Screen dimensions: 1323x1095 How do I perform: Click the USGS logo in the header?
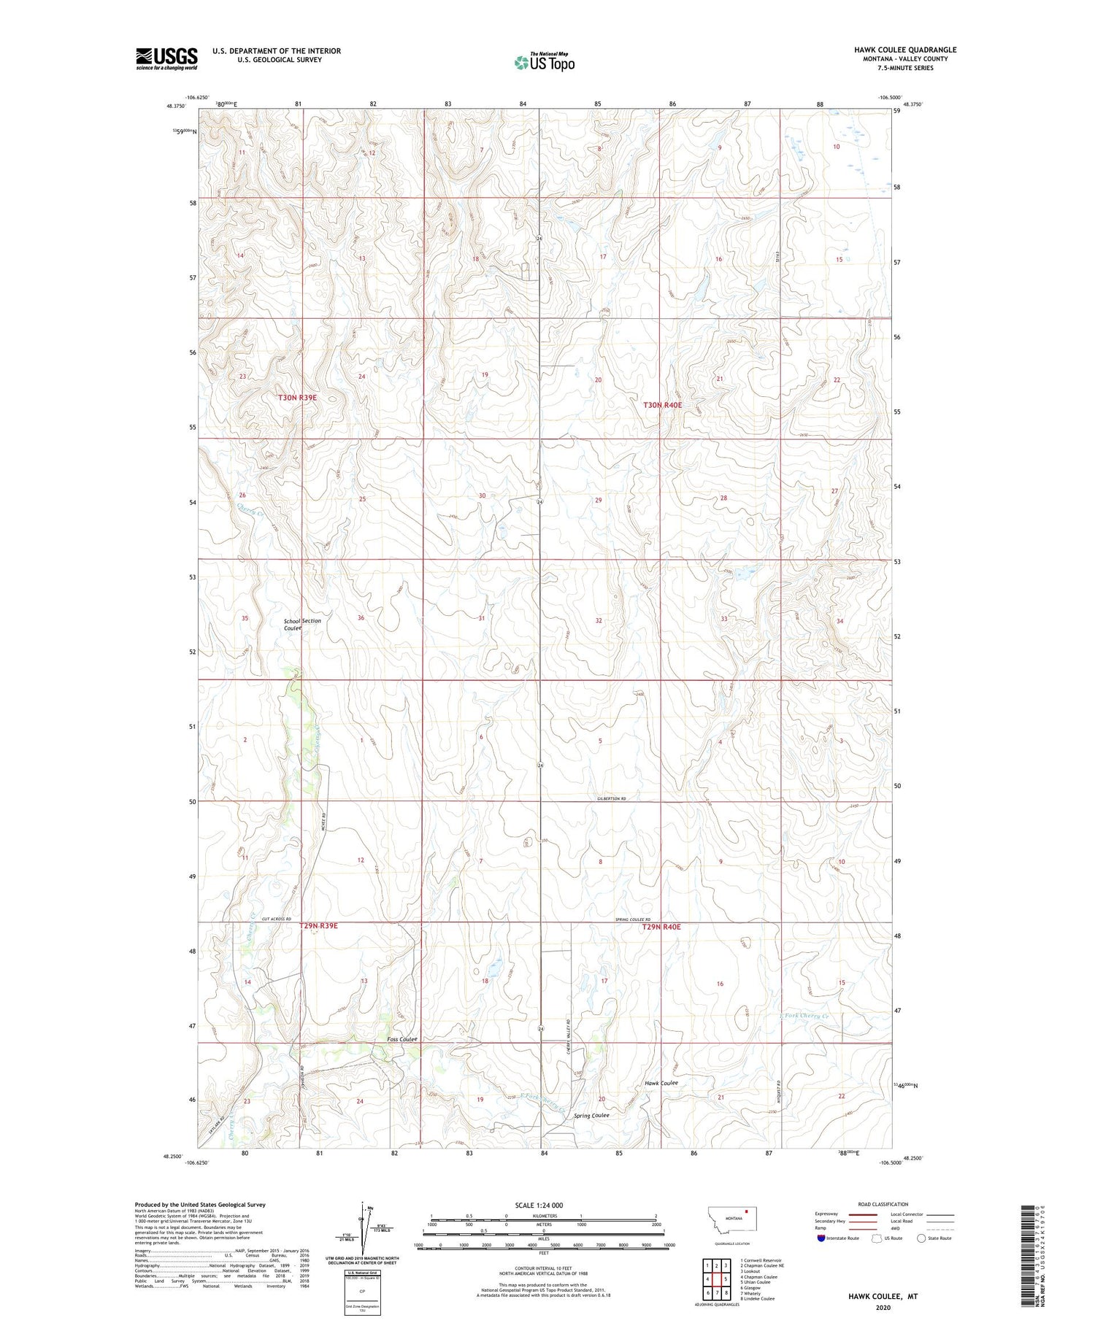[166, 58]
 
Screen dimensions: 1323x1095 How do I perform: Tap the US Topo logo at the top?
[545, 62]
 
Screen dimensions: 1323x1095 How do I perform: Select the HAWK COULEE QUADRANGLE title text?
[905, 50]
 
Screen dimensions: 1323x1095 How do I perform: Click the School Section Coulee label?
[301, 624]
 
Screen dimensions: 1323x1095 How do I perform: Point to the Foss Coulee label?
[402, 1039]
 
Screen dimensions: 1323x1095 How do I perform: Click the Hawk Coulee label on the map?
[661, 1083]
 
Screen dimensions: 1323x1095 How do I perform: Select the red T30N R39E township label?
[297, 398]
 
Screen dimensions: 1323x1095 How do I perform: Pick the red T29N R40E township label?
[661, 927]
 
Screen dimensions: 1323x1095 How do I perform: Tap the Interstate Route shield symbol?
[821, 1238]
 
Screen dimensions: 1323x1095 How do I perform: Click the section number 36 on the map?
[361, 618]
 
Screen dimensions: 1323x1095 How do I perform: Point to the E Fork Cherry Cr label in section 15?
[805, 1016]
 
